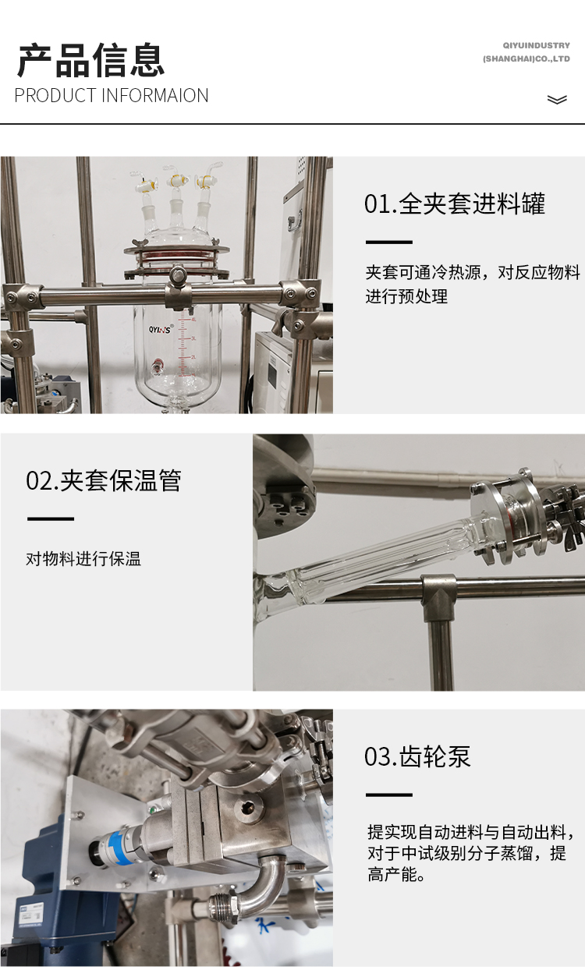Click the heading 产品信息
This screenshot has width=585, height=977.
tap(90, 60)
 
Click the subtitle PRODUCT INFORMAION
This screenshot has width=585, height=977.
tap(112, 96)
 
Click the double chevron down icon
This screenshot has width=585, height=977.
tap(557, 100)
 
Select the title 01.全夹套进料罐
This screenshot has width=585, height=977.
tap(455, 204)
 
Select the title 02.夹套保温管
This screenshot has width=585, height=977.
tap(104, 480)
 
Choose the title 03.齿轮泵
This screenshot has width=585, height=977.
tap(417, 757)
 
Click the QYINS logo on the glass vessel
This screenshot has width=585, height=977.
tap(161, 329)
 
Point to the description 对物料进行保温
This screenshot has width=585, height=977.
tap(83, 559)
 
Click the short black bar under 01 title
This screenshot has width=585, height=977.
tap(389, 242)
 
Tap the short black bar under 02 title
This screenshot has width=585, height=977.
tap(51, 519)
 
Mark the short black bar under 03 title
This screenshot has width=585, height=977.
tap(389, 795)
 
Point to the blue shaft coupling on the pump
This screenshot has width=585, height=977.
tap(113, 848)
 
